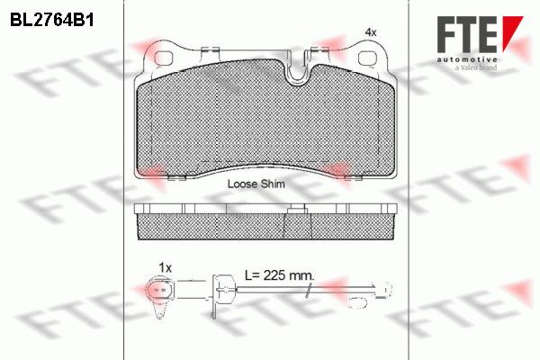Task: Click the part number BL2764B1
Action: (52, 20)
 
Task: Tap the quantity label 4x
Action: (371, 32)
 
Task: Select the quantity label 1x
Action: (165, 267)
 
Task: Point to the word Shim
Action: (273, 184)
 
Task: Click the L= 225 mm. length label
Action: (279, 274)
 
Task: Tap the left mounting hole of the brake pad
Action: (164, 58)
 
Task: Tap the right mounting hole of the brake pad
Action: (368, 58)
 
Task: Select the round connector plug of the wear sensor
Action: (160, 290)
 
